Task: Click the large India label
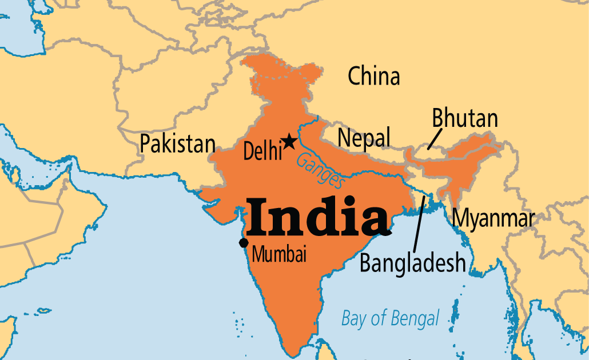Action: click(318, 217)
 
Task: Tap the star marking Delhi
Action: click(290, 141)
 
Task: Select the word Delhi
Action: click(262, 151)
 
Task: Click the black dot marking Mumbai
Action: click(244, 243)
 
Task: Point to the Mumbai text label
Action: click(279, 254)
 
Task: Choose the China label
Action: click(374, 76)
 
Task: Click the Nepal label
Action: click(364, 138)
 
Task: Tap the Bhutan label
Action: click(465, 118)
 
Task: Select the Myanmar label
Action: click(493, 218)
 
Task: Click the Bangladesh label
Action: click(412, 263)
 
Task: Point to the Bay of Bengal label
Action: click(390, 318)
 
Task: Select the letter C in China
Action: click(355, 76)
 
